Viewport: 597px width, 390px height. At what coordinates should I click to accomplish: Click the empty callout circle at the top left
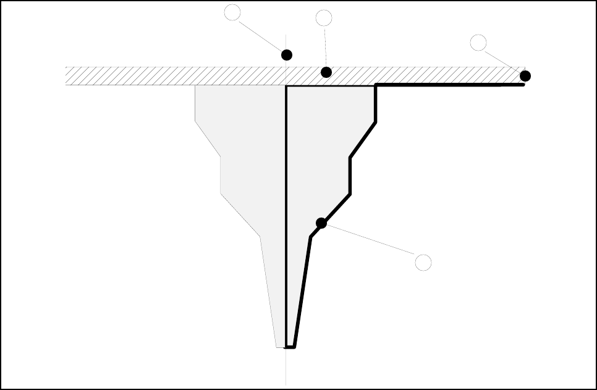(x=232, y=12)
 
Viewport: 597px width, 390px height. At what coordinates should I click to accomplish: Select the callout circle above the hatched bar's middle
(x=324, y=18)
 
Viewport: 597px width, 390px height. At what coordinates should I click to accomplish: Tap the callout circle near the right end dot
(x=478, y=43)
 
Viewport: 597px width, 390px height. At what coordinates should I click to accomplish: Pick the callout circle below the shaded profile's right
(x=423, y=262)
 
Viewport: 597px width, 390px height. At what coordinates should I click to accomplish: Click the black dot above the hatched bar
(x=287, y=55)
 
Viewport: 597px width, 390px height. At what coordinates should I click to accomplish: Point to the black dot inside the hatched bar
(x=326, y=72)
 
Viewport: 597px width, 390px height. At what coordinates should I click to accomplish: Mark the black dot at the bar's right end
(x=525, y=76)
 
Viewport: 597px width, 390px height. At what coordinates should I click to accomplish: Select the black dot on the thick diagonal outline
(x=321, y=223)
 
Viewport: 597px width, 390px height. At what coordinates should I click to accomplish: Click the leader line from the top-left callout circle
(x=260, y=34)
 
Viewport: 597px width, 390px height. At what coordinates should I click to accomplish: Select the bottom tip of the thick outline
(x=290, y=347)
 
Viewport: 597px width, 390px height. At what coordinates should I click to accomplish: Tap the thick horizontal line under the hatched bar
(x=451, y=85)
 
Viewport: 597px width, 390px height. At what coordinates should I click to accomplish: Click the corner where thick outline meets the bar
(x=376, y=86)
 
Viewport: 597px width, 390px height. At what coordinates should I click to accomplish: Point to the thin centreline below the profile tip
(x=286, y=368)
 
